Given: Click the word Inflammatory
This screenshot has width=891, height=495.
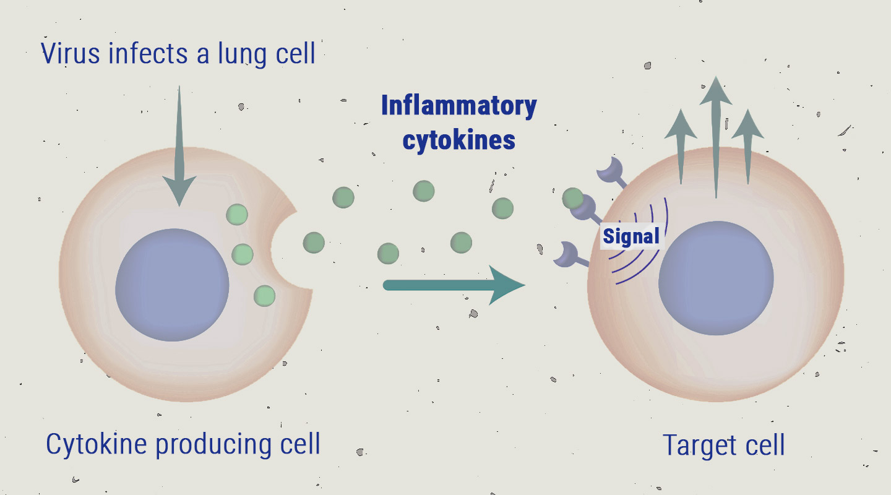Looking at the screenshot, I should point(458,106).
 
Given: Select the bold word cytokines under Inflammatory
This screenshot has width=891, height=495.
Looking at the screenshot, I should point(458,139).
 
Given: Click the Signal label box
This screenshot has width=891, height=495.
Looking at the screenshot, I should point(631,236).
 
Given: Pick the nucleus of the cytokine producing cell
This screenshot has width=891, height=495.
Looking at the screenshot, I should point(172,285).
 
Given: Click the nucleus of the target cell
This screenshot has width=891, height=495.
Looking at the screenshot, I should point(716,277).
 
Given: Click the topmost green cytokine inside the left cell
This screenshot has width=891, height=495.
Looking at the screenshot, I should point(237,214).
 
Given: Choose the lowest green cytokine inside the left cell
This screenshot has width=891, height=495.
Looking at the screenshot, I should point(264,295).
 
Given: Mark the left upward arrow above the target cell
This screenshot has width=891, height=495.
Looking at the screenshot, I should point(681,145).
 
